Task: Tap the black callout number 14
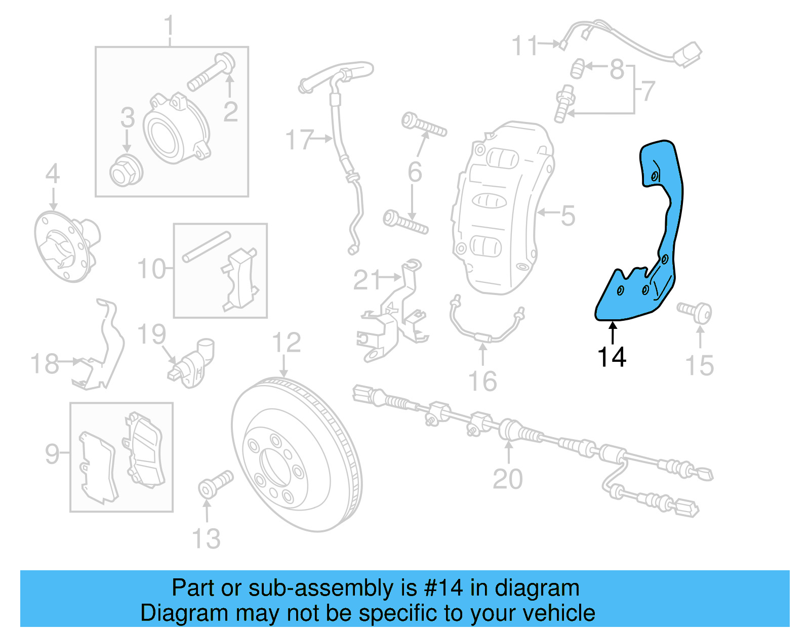coord(612,357)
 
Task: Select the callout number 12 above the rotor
coord(286,343)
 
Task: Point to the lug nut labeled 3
coord(126,171)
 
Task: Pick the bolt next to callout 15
coord(696,311)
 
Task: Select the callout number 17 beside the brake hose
coord(300,140)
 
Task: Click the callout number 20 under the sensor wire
coord(507,479)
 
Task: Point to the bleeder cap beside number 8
coord(578,69)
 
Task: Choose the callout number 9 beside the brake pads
coord(52,453)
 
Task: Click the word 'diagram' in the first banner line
coord(537,588)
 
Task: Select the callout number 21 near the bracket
coord(367,279)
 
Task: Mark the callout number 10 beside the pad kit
coord(151,269)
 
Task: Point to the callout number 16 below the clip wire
coord(482,381)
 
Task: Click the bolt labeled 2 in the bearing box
coord(210,73)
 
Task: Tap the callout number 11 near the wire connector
coord(524,46)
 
